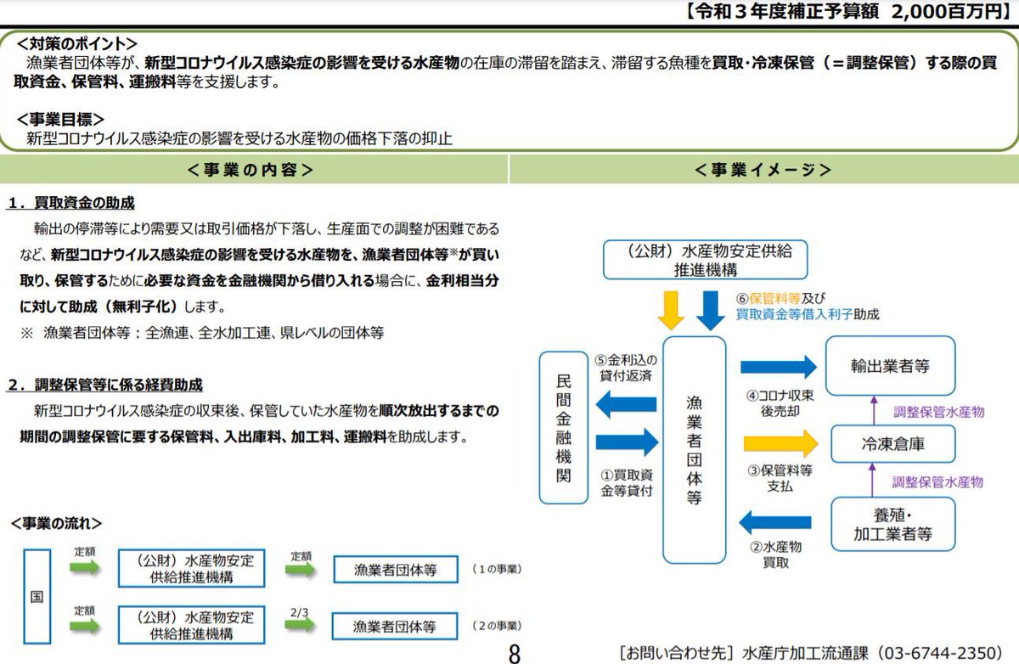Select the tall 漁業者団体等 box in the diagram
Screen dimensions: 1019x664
695,450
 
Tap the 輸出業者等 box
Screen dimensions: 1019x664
890,365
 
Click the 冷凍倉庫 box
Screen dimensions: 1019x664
890,444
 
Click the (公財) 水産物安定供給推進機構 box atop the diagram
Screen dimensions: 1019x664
705,260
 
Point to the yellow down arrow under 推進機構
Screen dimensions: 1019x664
671,309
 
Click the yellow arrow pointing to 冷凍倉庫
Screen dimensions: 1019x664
780,443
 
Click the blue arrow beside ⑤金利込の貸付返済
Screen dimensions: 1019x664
627,406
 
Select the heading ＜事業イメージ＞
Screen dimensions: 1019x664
762,170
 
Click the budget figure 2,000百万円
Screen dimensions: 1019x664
937,12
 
